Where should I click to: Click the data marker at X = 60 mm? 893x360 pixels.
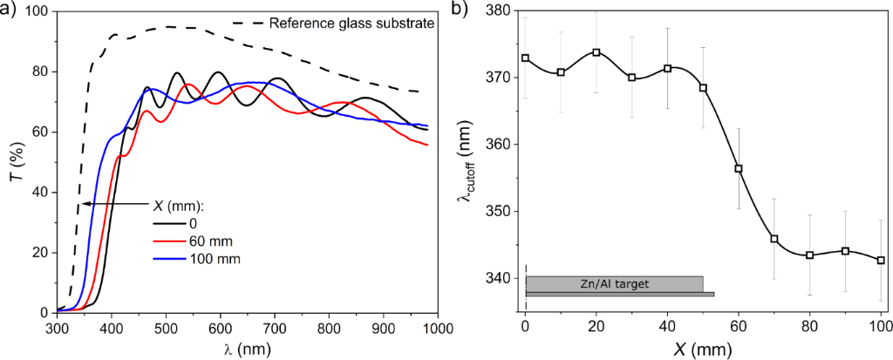[x=739, y=168]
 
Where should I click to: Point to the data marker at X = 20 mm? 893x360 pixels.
[x=596, y=52]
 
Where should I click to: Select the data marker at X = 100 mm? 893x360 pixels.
[x=881, y=260]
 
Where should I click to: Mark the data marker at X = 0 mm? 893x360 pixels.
[x=525, y=58]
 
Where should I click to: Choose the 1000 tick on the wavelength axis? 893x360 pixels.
[x=437, y=329]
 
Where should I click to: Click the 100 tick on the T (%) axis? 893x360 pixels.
[x=35, y=12]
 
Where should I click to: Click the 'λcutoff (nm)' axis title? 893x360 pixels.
[x=468, y=161]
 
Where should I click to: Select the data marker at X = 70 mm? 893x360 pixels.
[x=774, y=239]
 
